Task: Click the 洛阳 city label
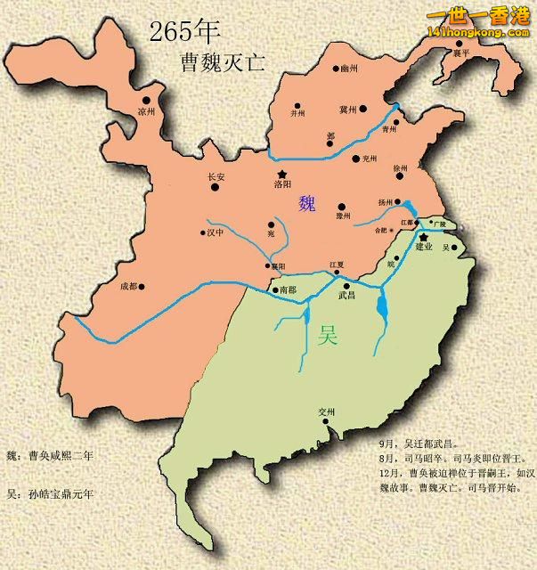282,187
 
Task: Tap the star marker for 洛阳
282,174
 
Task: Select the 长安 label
216,177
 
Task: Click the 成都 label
129,287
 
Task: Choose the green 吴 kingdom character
328,335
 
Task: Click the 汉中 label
215,233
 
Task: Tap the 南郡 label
287,289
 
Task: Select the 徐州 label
399,168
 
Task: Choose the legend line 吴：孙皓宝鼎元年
49,493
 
